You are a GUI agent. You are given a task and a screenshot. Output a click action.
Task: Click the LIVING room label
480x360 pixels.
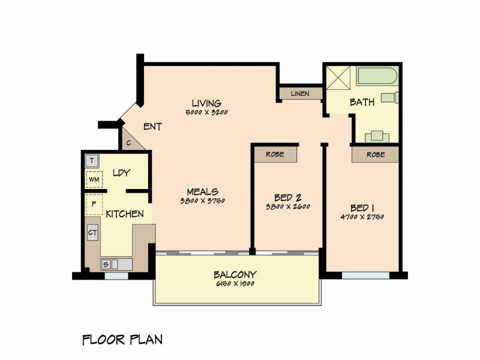click(x=206, y=103)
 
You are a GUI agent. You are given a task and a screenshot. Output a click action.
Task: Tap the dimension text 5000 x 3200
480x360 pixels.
click(x=206, y=112)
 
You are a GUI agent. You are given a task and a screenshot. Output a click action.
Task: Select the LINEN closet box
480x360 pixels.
click(x=300, y=94)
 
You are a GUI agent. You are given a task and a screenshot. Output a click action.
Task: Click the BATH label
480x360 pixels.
click(x=362, y=103)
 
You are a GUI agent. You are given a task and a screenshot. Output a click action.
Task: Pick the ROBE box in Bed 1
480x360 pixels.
click(x=376, y=154)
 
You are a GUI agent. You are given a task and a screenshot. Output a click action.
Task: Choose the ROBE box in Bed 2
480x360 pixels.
click(x=276, y=154)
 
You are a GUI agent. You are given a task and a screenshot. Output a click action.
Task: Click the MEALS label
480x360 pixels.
click(x=202, y=191)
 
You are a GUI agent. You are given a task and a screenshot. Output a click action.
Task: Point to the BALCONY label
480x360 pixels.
click(x=235, y=275)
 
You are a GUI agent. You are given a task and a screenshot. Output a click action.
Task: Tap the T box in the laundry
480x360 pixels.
click(x=92, y=161)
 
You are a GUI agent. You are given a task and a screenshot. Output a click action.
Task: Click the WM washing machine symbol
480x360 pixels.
click(x=93, y=179)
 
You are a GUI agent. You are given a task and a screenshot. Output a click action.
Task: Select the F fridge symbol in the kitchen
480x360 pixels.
click(x=94, y=203)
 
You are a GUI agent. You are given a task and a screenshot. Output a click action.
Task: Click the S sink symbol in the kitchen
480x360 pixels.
click(x=106, y=263)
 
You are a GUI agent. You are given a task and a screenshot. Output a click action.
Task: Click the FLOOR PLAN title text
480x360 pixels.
click(x=122, y=340)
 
